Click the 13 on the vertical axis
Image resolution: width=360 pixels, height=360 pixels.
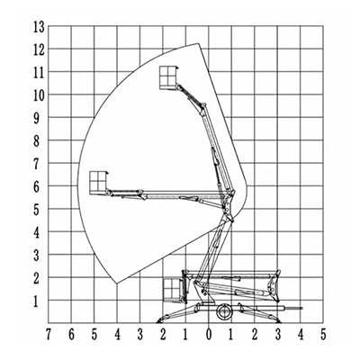[x=39, y=27]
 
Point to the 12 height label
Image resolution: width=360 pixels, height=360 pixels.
[x=39, y=50]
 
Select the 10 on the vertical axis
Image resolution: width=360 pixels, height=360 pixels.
[x=39, y=95]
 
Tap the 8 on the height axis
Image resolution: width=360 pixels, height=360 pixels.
[x=37, y=141]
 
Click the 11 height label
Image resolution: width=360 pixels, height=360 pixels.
[x=39, y=73]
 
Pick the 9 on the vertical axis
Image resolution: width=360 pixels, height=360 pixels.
[x=37, y=119]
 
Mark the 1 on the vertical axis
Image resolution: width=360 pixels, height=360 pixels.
[x=36, y=301]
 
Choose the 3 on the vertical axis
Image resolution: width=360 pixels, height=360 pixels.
[x=37, y=256]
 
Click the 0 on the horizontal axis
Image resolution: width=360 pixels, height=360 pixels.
[x=209, y=335]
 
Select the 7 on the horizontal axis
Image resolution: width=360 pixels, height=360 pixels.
[x=49, y=335]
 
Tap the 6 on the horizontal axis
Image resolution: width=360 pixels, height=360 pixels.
[x=71, y=335]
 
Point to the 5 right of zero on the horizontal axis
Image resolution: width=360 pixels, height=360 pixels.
[x=323, y=335]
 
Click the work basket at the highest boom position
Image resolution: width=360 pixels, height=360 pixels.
[x=168, y=77]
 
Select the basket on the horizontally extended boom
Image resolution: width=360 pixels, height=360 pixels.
[x=98, y=183]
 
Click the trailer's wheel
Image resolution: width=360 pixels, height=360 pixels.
[x=223, y=312]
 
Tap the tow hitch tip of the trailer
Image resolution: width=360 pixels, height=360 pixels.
[x=301, y=308]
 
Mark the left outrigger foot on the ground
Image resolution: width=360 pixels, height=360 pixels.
[x=160, y=322]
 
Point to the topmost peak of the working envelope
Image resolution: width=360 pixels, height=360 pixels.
[x=198, y=43]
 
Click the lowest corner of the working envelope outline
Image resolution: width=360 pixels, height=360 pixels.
[x=117, y=283]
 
